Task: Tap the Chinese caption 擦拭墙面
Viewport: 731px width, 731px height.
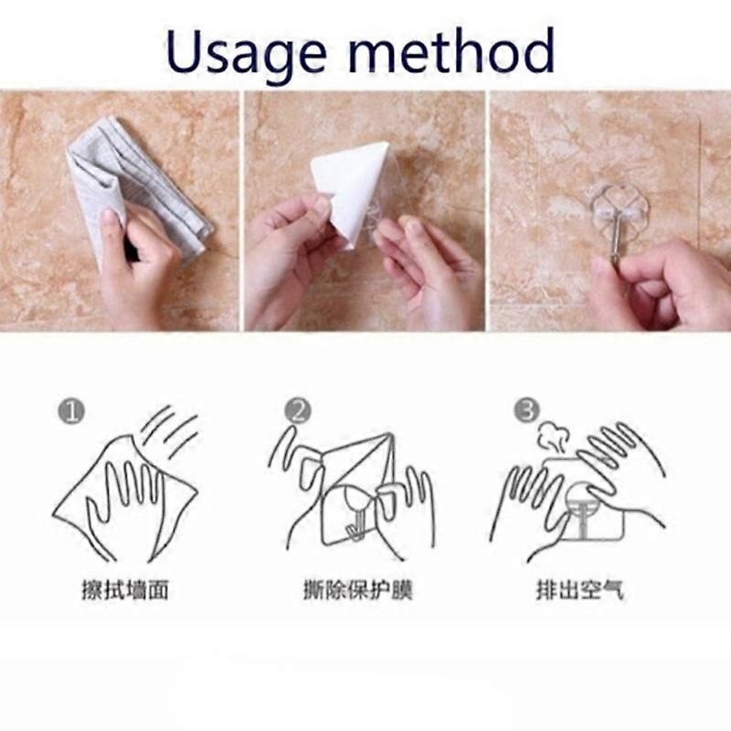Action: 125,590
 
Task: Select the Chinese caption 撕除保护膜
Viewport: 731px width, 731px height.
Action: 358,590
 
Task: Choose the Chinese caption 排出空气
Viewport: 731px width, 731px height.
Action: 579,590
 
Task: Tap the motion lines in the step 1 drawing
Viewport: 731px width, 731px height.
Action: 171,431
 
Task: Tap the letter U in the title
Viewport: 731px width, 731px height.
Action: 185,50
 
